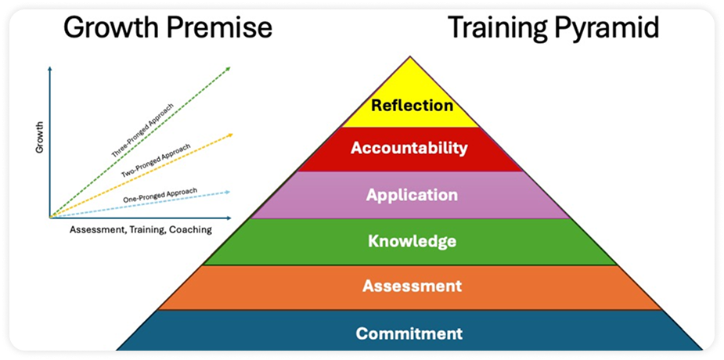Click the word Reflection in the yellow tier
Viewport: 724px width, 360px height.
tap(412, 105)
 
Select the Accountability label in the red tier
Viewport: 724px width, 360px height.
tap(409, 148)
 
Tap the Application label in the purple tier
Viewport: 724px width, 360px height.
tap(412, 195)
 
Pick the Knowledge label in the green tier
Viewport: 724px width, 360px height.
tap(412, 241)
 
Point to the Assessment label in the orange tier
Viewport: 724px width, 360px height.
tap(412, 286)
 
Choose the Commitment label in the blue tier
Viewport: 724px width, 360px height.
tap(409, 333)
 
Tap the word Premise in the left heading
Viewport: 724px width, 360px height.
tap(219, 28)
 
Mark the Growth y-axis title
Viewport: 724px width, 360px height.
tap(39, 137)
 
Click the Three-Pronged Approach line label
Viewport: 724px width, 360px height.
tap(143, 131)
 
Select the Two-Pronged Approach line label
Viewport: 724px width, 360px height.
tap(156, 161)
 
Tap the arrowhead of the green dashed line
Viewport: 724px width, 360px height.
tap(228, 69)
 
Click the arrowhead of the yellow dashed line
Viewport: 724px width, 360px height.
tap(230, 135)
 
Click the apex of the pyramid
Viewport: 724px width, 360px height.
tap(409, 57)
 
